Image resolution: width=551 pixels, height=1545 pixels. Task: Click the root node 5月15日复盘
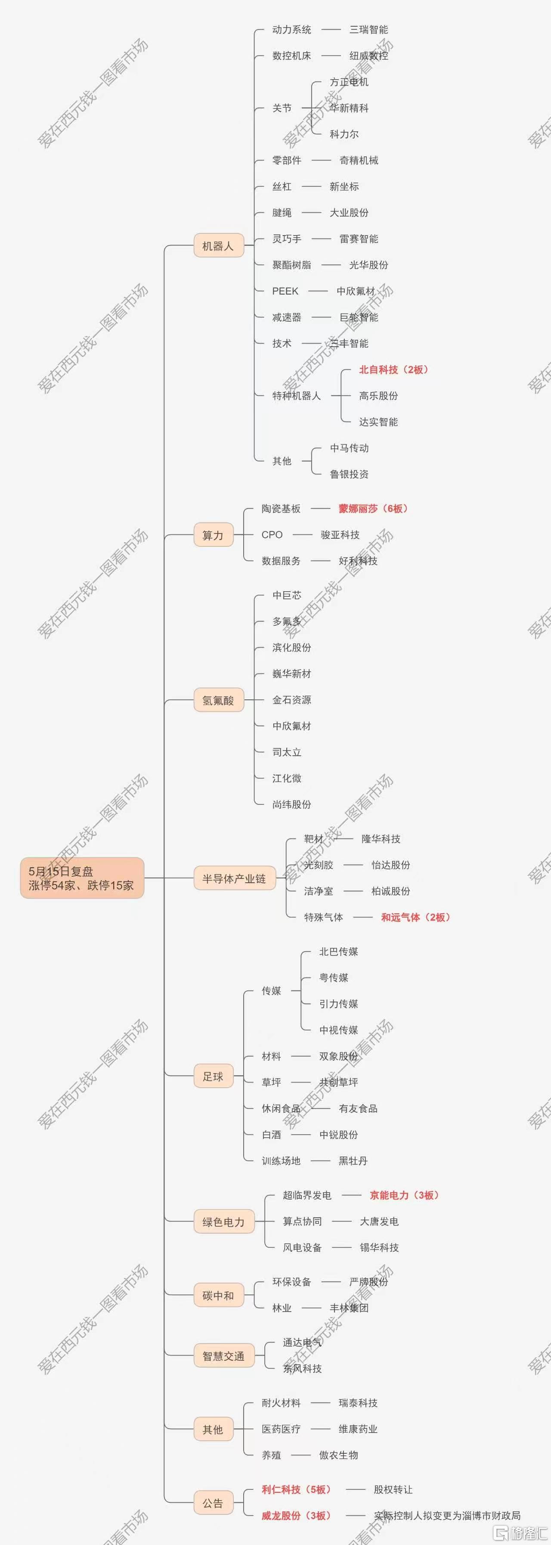coord(82,878)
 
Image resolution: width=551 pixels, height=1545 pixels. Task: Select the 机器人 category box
coord(219,246)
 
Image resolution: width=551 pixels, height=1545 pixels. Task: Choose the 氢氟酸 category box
coord(219,700)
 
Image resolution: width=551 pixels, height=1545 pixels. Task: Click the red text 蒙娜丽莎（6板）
coord(374,509)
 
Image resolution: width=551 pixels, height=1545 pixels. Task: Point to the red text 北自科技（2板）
coord(394,369)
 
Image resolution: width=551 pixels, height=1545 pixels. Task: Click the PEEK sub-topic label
coord(285,291)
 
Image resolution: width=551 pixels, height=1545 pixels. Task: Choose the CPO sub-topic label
coord(272,534)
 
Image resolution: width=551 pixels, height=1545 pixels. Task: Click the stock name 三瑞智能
coord(369,29)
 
